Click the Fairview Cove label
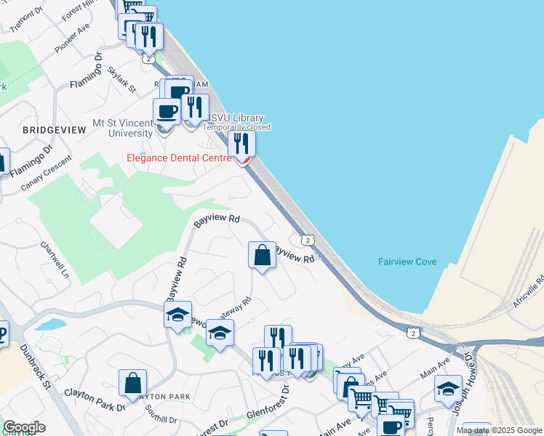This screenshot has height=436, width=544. (x=407, y=262)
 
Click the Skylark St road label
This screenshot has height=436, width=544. (x=121, y=79)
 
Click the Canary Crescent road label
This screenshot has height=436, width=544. (x=47, y=173)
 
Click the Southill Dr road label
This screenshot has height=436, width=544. (x=161, y=420)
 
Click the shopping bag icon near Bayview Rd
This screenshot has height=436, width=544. (x=262, y=255)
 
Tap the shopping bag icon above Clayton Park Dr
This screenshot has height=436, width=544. (x=132, y=383)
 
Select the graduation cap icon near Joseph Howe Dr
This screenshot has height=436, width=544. (x=448, y=388)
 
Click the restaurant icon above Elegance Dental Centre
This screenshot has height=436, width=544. (x=241, y=144)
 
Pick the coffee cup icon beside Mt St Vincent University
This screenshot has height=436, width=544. (x=167, y=112)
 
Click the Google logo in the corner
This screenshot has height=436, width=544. (x=24, y=427)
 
